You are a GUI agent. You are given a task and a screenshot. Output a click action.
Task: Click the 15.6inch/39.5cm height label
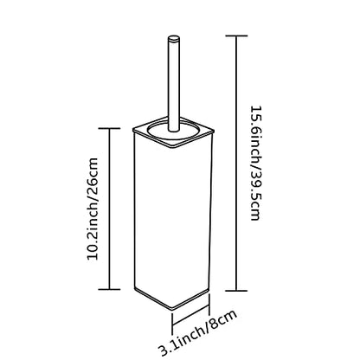(256, 164)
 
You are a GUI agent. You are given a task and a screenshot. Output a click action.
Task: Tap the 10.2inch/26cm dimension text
(93, 209)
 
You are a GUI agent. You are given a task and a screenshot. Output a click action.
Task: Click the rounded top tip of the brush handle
(174, 39)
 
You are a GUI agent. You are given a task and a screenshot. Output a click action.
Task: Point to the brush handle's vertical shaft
(174, 84)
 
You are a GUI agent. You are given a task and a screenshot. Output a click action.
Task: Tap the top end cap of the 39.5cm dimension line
(236, 35)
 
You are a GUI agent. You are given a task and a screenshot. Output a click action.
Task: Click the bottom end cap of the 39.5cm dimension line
(236, 291)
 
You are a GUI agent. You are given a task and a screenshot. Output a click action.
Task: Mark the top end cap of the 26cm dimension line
(109, 128)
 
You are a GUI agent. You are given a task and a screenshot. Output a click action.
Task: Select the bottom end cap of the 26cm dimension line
(109, 289)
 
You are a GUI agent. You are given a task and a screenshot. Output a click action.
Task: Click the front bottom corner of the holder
(172, 310)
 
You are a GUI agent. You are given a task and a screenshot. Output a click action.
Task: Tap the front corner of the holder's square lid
(173, 146)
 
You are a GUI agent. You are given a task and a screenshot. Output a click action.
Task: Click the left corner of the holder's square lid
(133, 129)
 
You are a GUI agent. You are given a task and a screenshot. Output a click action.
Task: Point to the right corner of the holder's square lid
(214, 131)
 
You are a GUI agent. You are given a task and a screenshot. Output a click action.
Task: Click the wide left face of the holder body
(153, 219)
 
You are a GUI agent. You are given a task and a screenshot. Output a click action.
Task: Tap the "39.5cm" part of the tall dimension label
(256, 196)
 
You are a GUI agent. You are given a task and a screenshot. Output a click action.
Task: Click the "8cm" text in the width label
(222, 320)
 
